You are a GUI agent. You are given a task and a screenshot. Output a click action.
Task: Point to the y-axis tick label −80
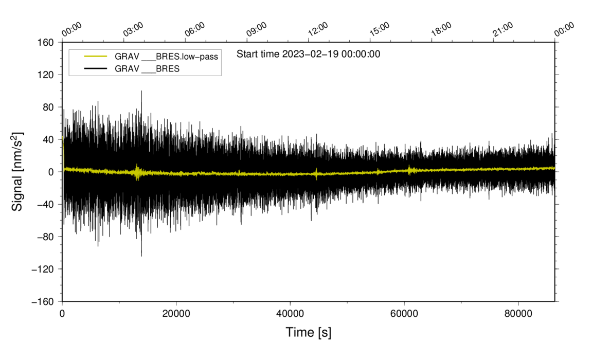43,237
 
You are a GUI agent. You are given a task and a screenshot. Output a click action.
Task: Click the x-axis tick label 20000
176,314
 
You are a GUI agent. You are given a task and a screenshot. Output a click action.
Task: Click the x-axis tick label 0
62,314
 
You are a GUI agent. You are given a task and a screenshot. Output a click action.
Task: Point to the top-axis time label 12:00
318,29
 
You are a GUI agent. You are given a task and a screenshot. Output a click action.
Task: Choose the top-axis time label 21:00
503,29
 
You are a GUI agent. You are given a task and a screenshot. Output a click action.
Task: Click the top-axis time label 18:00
441,29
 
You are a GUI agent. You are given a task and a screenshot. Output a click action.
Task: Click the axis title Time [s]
309,333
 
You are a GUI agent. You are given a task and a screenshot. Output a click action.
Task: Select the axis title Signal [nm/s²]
18,172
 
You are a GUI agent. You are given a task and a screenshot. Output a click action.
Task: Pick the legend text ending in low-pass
166,57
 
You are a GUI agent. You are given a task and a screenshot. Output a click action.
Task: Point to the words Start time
258,54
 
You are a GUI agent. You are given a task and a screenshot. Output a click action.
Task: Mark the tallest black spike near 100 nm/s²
141,92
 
